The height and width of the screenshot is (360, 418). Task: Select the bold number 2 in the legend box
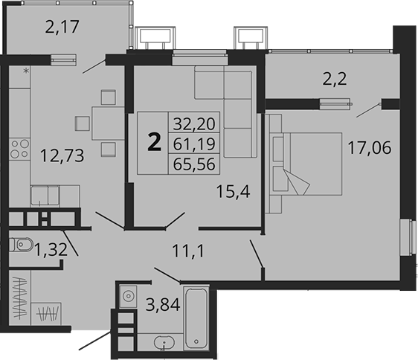pos(155,141)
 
